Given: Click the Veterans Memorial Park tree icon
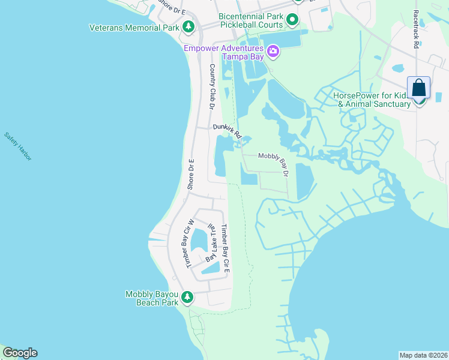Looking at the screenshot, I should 188,27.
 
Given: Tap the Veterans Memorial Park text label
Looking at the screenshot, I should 134,28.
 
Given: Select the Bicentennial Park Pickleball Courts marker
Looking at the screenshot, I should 292,20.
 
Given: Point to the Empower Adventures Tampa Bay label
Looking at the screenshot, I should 223,52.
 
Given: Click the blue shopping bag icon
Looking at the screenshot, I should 418,88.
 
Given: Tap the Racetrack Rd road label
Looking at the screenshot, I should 415,29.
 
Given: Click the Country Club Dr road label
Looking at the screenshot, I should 211,86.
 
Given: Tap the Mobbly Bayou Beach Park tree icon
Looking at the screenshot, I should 187,296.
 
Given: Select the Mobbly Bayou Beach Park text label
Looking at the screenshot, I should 152,298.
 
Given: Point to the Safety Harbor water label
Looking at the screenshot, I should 18,146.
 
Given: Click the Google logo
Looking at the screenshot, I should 20,353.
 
